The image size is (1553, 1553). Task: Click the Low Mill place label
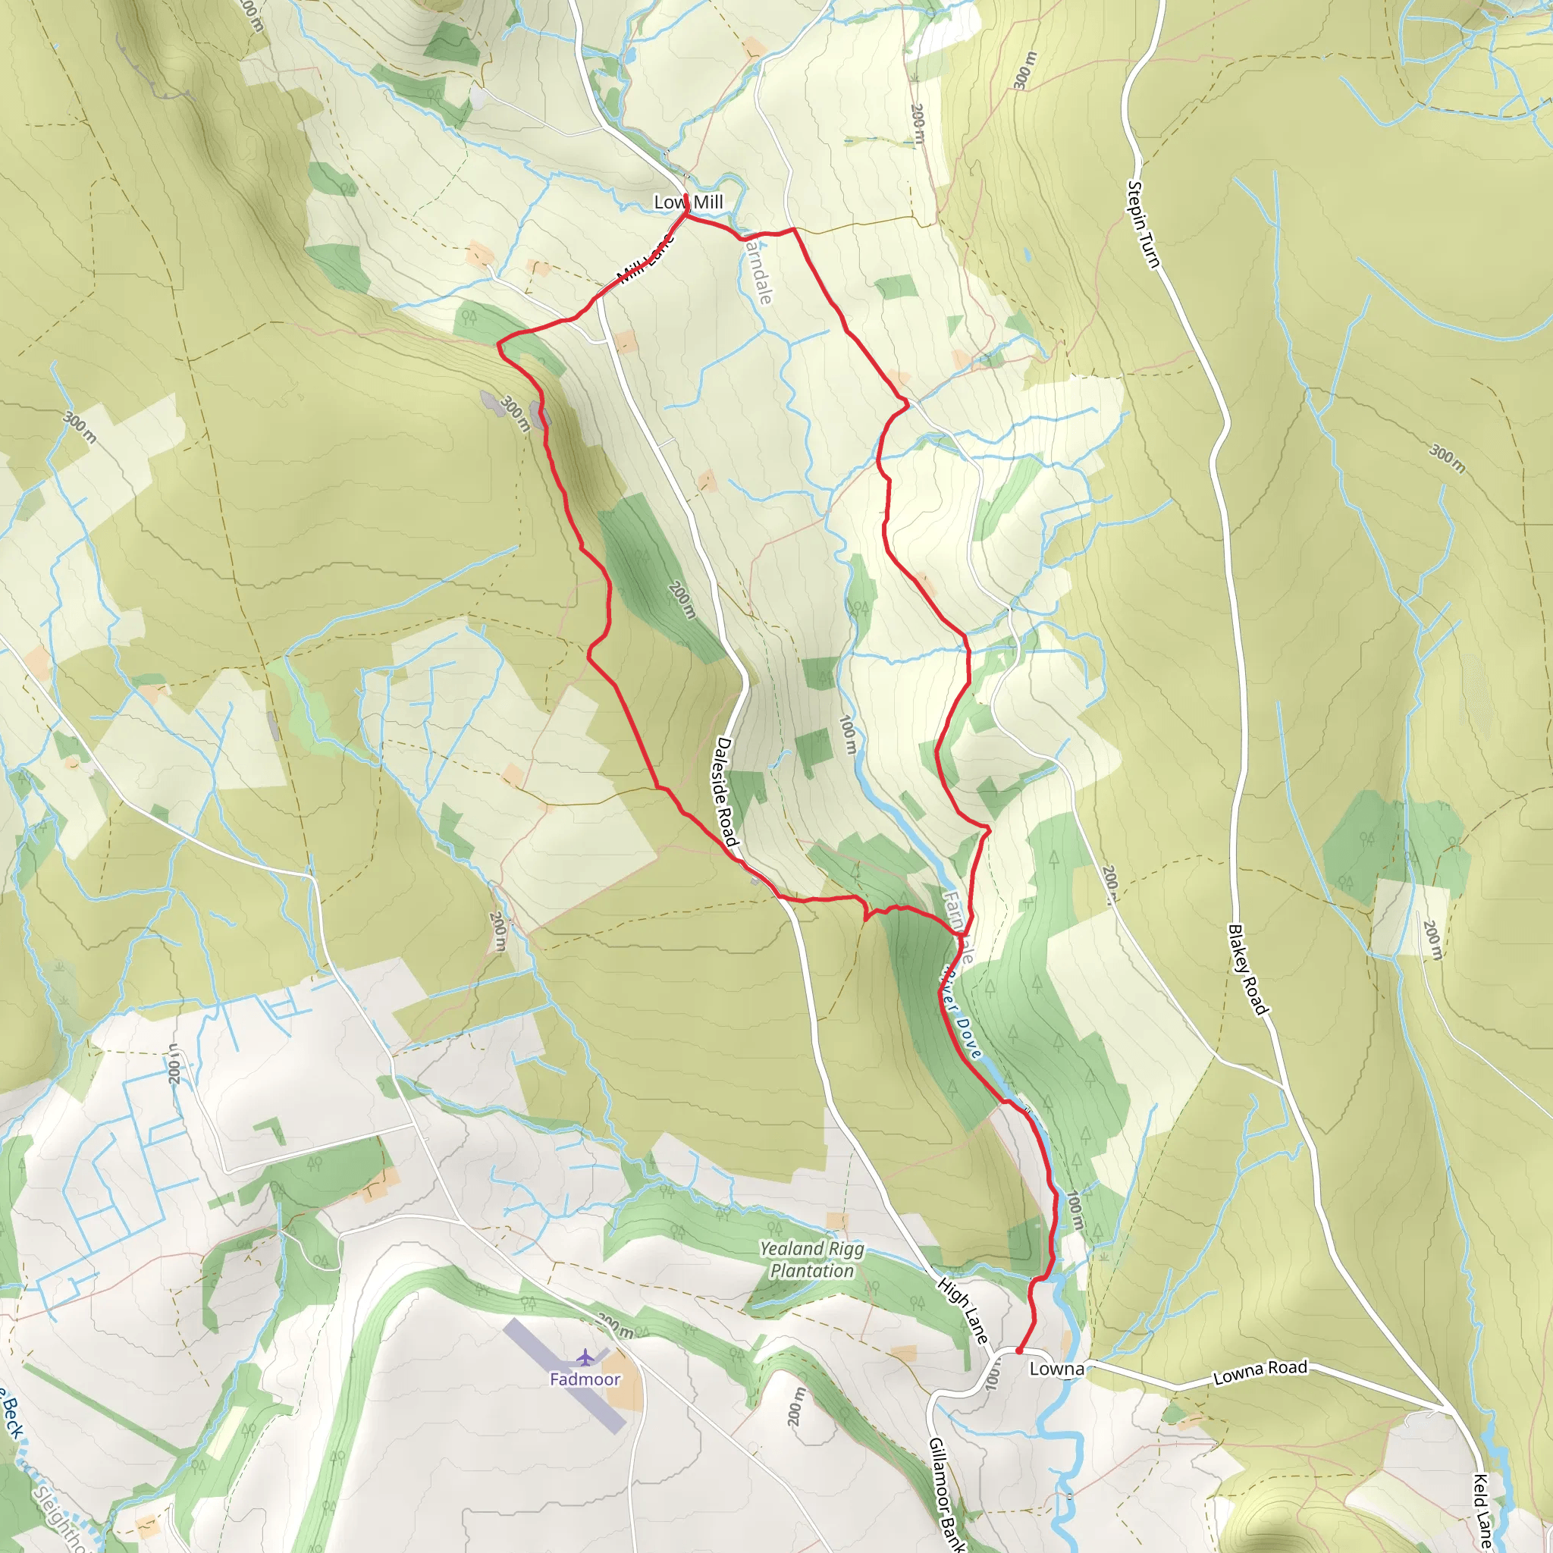688,202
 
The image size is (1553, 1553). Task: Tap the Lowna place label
1056,1368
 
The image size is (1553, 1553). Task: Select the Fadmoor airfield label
585,1379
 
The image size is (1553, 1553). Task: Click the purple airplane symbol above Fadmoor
585,1357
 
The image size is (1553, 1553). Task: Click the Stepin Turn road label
1143,224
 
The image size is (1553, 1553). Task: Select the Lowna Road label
1260,1372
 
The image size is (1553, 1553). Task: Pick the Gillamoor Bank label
946,1494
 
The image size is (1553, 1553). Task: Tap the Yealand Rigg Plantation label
812,1260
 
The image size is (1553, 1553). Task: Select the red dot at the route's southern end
1018,1351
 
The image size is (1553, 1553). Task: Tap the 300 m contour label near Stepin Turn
1022,70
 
